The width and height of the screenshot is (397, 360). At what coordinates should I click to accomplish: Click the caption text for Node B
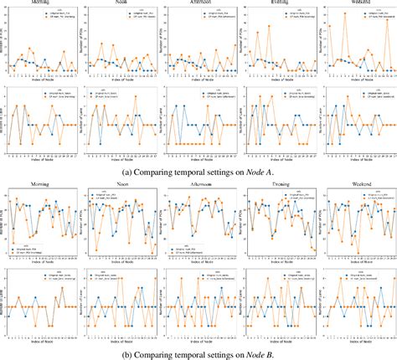[x=198, y=353]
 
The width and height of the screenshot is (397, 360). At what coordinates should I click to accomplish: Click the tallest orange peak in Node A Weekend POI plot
[x=344, y=15]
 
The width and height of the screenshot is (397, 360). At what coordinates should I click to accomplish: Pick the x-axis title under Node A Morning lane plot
[x=41, y=157]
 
